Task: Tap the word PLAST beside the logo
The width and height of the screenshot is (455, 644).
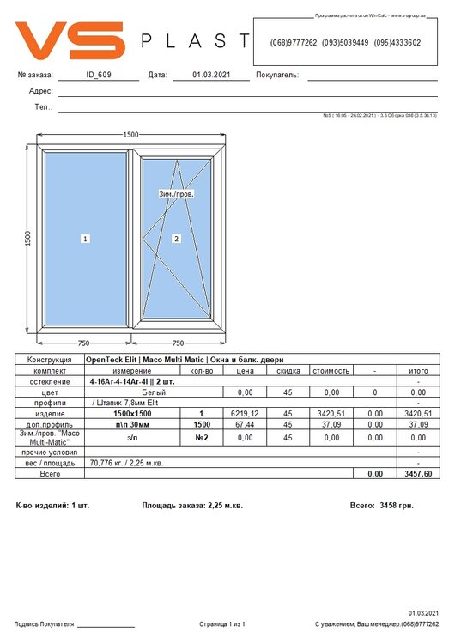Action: click(x=194, y=41)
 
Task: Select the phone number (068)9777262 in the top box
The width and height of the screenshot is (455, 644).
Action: click(x=293, y=42)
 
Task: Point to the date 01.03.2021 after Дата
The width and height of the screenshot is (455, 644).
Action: click(x=209, y=75)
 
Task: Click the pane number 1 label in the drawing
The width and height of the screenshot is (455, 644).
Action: click(x=86, y=238)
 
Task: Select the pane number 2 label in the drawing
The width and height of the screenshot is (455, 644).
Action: click(x=176, y=238)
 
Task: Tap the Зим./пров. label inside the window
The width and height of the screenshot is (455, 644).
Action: click(x=177, y=194)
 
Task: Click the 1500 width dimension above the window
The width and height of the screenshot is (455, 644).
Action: click(x=130, y=135)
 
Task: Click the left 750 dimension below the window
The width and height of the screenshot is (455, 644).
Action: click(x=84, y=343)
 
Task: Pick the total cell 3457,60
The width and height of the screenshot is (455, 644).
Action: click(x=417, y=473)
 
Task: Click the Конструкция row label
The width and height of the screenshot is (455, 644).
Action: click(x=49, y=360)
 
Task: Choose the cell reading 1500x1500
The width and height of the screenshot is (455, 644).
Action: click(x=132, y=413)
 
